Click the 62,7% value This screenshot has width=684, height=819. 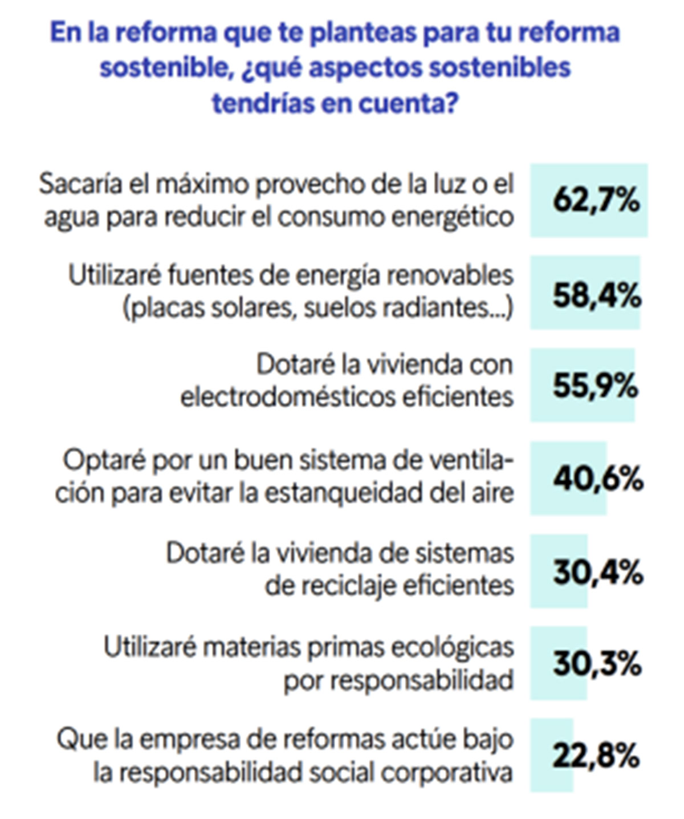pyautogui.click(x=596, y=200)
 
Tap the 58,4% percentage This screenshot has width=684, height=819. pyautogui.click(x=596, y=296)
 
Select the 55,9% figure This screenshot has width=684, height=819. pyautogui.click(x=595, y=386)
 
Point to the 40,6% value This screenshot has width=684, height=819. pyautogui.click(x=597, y=479)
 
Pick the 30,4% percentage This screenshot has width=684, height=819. pyautogui.click(x=597, y=572)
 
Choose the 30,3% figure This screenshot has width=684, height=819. pyautogui.click(x=597, y=664)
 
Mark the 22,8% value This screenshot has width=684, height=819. pyautogui.click(x=596, y=756)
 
